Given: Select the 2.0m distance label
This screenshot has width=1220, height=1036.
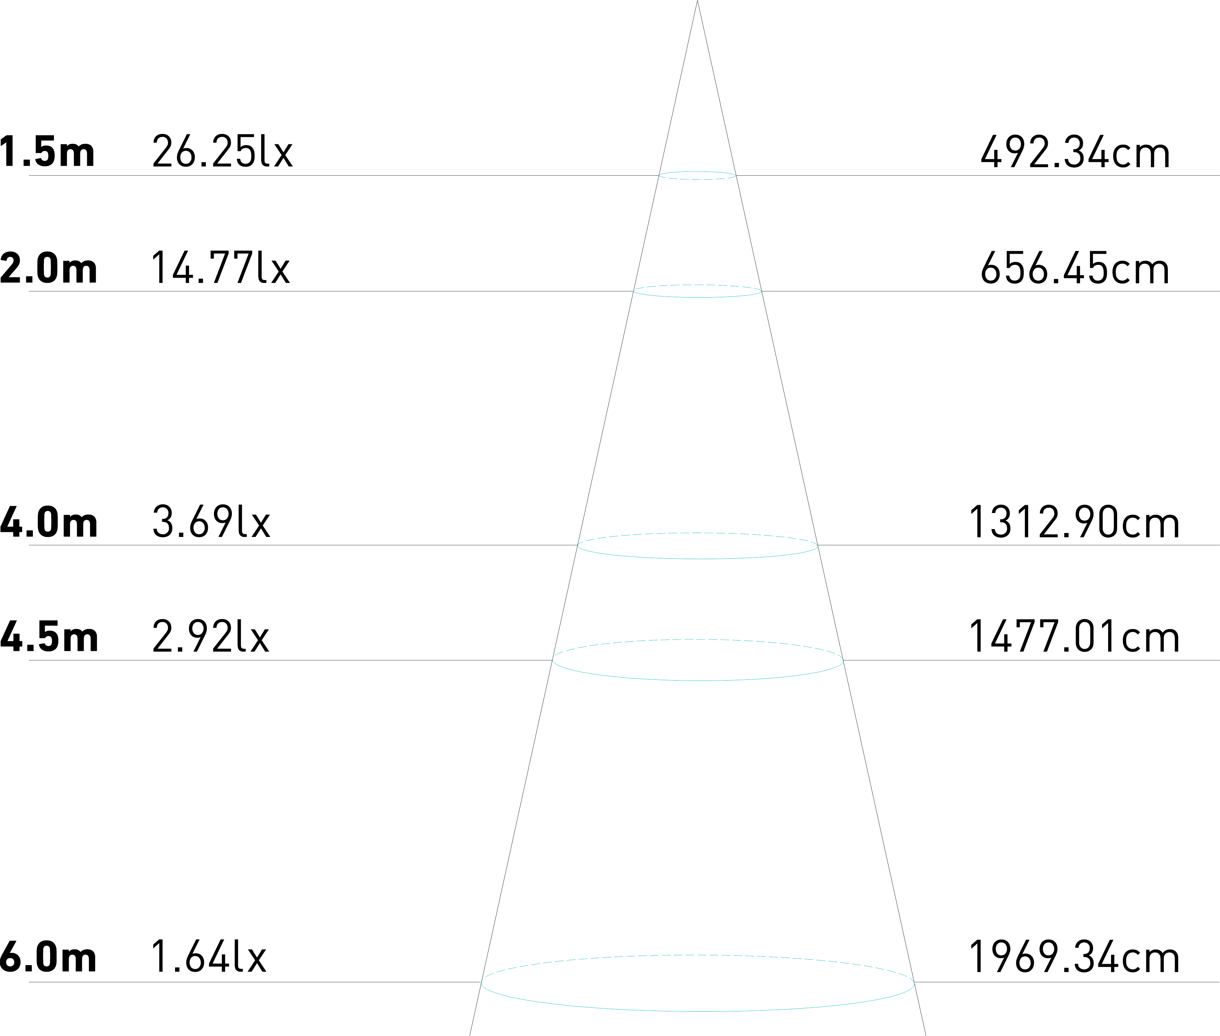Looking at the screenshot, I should point(48,268).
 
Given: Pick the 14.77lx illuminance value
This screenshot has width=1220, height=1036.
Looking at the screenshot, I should point(221,268).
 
